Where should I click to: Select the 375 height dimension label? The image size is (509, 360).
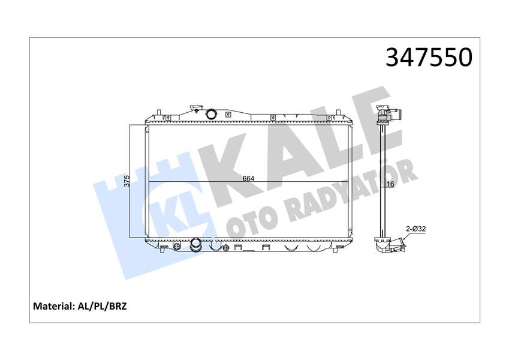click(127, 181)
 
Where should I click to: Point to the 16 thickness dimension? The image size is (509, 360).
click(390, 184)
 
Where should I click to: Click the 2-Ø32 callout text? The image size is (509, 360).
click(415, 229)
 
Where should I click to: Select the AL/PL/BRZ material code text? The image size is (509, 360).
click(102, 306)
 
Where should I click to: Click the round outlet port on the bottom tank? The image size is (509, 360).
click(195, 244)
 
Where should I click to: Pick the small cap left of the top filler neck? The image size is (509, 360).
click(195, 110)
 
